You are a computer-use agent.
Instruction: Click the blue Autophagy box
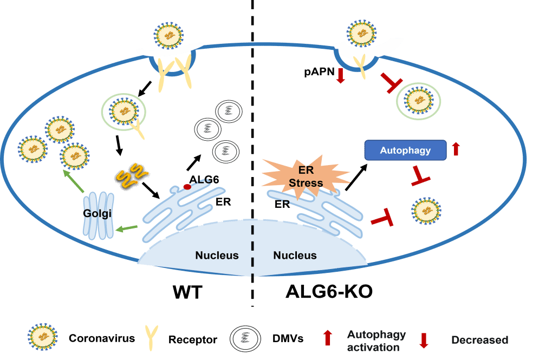coord(405,150)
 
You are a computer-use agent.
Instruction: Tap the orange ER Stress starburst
coord(306,176)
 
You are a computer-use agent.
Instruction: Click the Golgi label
coord(98,213)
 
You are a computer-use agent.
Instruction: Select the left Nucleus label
coord(217,256)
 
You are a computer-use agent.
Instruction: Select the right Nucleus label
coord(295,256)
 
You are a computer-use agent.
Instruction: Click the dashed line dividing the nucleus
coord(252,249)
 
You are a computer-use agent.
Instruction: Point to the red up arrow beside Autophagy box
coord(456,149)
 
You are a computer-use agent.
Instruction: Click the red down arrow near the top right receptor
coord(340,76)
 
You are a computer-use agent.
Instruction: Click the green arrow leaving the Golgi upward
coord(73,181)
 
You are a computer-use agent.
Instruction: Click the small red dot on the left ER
coord(187,187)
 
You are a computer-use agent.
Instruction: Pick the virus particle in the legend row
coord(43,338)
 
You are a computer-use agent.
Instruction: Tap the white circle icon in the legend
coord(245,339)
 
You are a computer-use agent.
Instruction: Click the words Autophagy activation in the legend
coord(376,341)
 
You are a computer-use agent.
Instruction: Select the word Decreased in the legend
coord(479,340)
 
